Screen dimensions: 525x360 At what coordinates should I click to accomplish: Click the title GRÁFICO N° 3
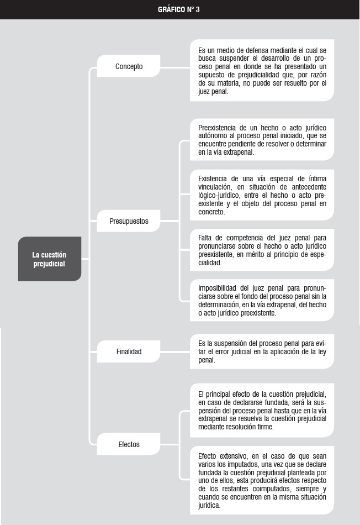point(179,9)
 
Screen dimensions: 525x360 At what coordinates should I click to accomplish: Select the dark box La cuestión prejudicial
point(49,259)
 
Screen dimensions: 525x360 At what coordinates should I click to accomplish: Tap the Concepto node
point(129,67)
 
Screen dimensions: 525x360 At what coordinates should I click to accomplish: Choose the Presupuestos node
point(129,222)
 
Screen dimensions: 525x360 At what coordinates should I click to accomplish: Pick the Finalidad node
point(129,351)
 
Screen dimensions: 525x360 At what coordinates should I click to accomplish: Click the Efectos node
point(129,444)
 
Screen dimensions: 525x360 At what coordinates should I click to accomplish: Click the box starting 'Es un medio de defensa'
point(262,71)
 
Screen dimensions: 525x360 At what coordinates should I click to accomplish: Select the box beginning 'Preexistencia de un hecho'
point(262,140)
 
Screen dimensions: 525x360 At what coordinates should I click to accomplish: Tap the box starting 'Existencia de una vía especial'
point(262,193)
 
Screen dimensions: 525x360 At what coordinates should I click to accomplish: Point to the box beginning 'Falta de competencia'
point(262,250)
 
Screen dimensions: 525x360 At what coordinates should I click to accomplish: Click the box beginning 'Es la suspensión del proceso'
point(262,351)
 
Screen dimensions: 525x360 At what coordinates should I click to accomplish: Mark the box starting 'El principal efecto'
point(262,410)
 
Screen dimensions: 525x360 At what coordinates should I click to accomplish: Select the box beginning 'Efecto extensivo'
point(262,480)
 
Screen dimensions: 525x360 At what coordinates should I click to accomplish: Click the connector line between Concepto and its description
point(175,67)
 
